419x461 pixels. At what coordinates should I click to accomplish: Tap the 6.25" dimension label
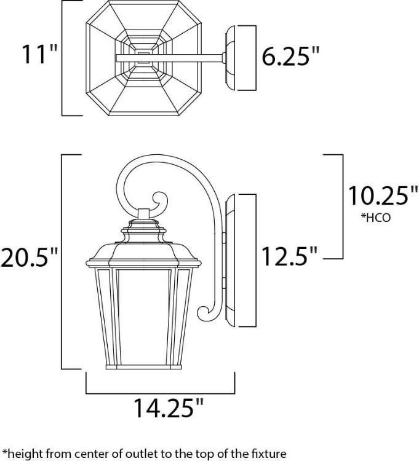point(291,57)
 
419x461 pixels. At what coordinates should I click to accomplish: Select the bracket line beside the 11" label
point(63,58)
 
